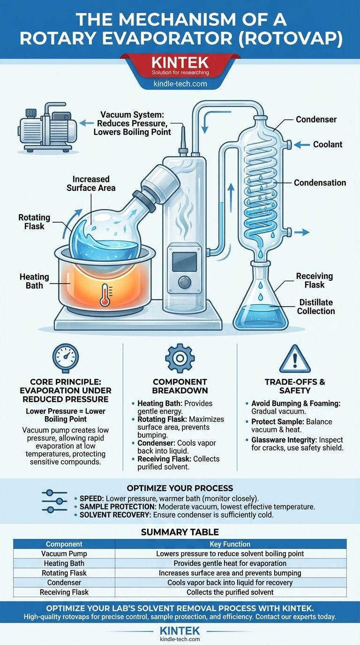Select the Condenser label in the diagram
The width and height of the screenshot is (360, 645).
316,120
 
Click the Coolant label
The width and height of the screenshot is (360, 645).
328,144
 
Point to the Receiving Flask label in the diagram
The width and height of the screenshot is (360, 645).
314,280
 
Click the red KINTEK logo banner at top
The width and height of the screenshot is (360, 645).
180,66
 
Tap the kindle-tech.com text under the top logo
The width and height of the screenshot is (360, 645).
180,84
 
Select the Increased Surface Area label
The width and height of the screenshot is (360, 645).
91,183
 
